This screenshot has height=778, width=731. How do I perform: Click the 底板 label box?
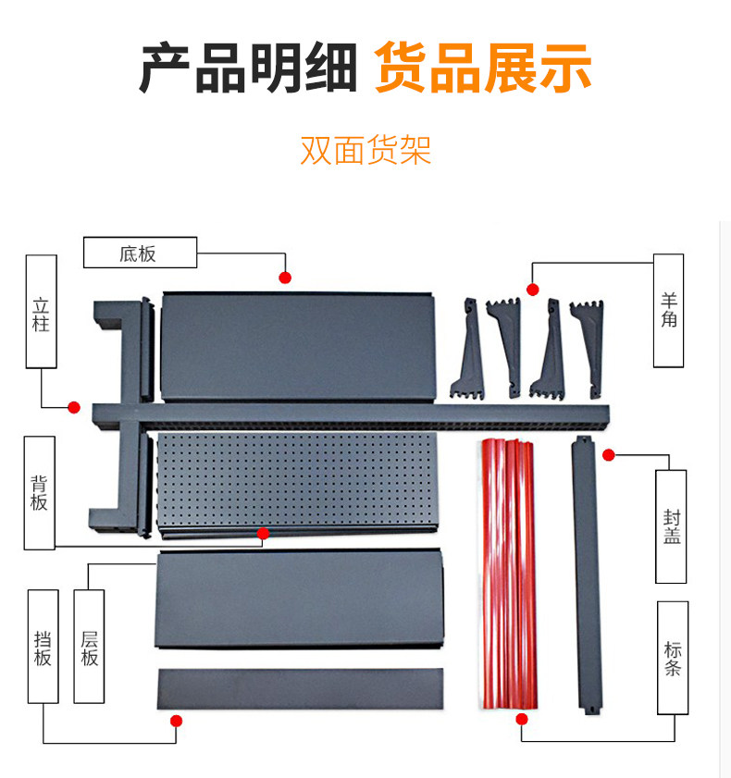point(140,253)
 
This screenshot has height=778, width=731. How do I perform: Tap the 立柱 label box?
point(42,312)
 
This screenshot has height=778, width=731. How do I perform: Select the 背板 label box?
point(40,493)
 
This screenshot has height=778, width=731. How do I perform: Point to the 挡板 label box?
point(43,647)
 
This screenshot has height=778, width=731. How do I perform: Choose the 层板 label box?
point(90,647)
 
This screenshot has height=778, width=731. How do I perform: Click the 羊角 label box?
point(668,311)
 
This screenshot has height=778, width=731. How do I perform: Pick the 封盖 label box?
point(671,526)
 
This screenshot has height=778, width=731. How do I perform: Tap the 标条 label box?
point(673,658)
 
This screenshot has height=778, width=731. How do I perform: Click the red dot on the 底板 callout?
point(285,278)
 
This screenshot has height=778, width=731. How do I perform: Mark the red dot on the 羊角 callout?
point(533,290)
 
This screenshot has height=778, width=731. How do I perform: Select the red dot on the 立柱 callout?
point(74,407)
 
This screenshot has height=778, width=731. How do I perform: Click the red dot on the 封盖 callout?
point(609,454)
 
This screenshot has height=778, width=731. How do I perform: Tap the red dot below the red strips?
point(522,719)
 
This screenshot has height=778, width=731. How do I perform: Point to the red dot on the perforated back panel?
point(263,534)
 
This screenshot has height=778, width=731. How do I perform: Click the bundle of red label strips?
point(509,574)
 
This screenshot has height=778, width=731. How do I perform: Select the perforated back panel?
point(298,483)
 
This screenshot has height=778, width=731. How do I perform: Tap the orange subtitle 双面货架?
point(365,150)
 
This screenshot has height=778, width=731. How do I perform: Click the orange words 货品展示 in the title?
point(483,68)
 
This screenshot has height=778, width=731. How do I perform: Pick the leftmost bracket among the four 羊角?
point(468,349)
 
